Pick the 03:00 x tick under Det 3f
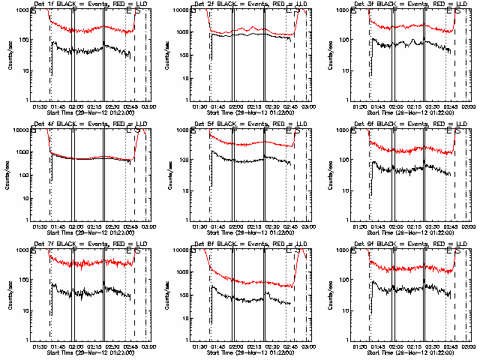point(468,106)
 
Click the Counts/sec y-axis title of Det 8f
point(172,295)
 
